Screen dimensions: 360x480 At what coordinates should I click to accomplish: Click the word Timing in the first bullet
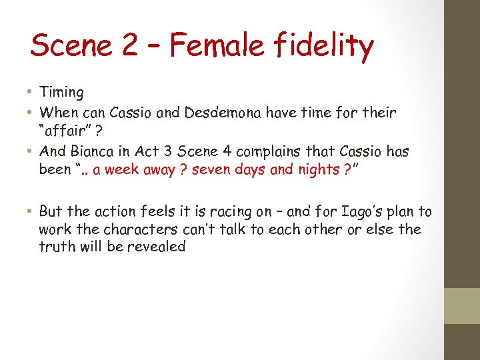tap(61, 93)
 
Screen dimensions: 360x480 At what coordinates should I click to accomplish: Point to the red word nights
tap(313, 169)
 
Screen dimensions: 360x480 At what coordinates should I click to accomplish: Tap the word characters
tap(130, 229)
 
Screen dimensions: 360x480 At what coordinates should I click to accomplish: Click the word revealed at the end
tap(159, 247)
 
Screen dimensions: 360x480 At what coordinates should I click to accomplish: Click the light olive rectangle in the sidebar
tap(462, 305)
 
